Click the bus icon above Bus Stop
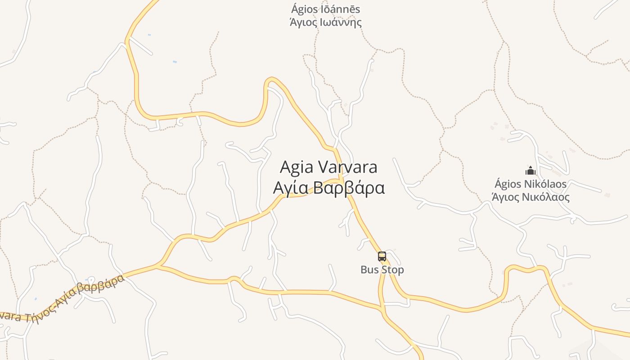click(382, 256)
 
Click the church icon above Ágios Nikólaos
click(531, 171)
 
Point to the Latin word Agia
click(297, 167)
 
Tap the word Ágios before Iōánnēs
click(303, 9)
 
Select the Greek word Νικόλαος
click(548, 197)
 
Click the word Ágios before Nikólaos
click(508, 184)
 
